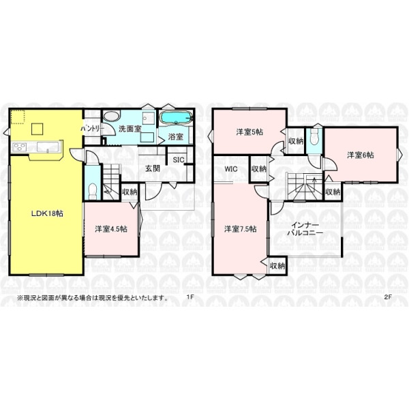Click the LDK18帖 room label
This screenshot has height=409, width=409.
[x=47, y=213]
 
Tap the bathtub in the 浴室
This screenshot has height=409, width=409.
[x=176, y=119]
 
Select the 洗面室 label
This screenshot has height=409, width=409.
[x=130, y=129]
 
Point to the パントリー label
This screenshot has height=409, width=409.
[x=92, y=129]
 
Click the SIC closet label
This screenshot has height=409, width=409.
[x=179, y=160]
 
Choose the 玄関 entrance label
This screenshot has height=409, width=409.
[x=153, y=168]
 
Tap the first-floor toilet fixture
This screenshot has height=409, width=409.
[x=92, y=191]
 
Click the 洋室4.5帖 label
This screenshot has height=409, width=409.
[x=111, y=229]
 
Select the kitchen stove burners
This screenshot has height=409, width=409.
[x=20, y=147]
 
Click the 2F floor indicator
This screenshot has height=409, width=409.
[x=388, y=297]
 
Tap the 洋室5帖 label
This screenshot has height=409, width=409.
[x=249, y=132]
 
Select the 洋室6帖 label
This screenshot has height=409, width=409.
[x=360, y=155]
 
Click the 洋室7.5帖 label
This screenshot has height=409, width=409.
[x=241, y=229]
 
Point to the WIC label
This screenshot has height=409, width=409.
[x=231, y=169]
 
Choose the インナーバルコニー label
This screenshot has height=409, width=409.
[x=304, y=229]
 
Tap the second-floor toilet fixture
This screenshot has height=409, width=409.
[x=314, y=138]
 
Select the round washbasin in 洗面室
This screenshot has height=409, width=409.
[x=111, y=117]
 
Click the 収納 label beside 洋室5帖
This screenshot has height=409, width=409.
[x=296, y=141]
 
